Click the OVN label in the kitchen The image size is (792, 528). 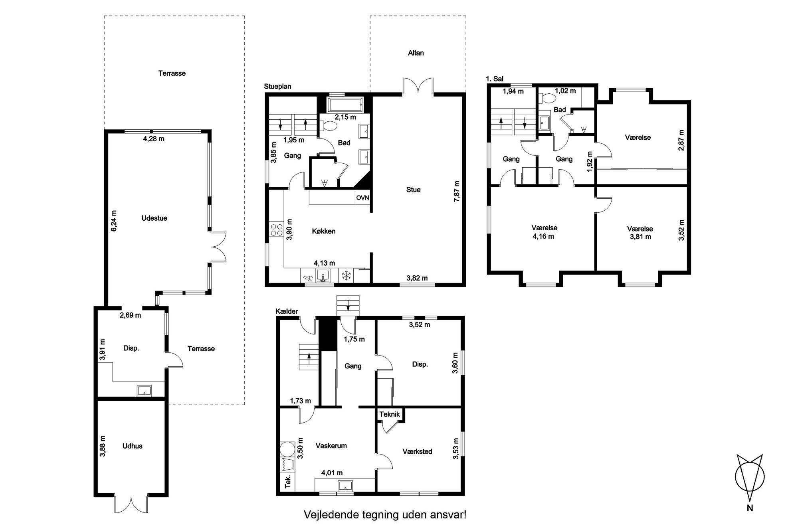coord(362,198)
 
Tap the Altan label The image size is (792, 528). coord(416,53)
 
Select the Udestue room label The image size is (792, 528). coord(154,218)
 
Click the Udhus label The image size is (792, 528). coord(132,446)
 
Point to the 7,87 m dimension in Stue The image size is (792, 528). coord(457,191)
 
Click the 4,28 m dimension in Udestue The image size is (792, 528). coord(154,139)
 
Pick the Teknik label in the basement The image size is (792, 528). coord(390,414)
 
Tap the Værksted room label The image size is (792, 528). coord(417,451)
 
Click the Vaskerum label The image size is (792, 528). coord(331,446)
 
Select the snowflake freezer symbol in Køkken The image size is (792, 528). coord(346,275)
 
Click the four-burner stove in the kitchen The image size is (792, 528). coord(276,231)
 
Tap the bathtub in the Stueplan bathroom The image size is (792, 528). coord(345,105)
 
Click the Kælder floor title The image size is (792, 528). coord(287,311)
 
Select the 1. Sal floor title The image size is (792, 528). coord(494,79)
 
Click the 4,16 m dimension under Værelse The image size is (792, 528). coord(543,236)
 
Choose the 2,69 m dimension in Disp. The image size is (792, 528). coord(130,315)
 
